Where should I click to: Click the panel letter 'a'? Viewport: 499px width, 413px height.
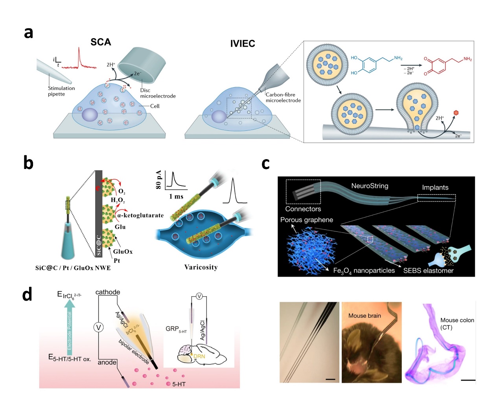28,33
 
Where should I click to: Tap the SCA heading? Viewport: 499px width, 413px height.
101,42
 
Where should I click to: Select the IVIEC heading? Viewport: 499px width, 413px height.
243,44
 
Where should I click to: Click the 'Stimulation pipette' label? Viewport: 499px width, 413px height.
61,91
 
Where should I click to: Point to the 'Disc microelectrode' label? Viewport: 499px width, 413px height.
158,93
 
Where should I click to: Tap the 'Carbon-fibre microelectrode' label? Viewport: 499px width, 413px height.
283,97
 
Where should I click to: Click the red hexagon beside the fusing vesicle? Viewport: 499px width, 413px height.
456,113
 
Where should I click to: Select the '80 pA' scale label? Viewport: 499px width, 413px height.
159,180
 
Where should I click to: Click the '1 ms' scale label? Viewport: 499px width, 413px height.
176,196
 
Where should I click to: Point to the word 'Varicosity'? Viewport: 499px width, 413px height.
201,267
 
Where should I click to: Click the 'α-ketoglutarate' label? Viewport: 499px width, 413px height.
140,215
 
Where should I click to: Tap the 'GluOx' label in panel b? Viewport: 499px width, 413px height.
123,251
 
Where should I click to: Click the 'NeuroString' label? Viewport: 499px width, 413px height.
370,186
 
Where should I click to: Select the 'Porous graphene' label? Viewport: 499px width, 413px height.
306,220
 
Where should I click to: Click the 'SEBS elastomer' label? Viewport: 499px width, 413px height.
428,270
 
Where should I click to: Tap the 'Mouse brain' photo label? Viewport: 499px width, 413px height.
365,316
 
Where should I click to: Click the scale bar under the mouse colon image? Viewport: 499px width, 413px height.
468,380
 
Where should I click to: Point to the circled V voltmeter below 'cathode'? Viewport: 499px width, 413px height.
98,327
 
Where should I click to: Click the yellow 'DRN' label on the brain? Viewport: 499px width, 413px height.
199,356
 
